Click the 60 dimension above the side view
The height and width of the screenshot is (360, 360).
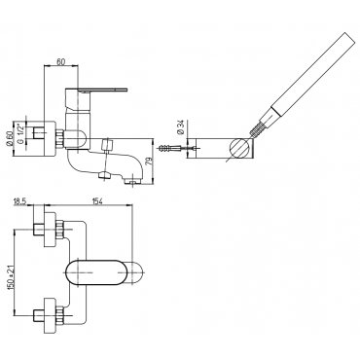tap(61, 61)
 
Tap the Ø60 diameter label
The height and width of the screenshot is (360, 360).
tap(10, 139)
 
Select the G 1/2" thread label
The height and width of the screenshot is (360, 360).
tap(19, 133)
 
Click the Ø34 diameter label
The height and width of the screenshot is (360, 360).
tap(181, 127)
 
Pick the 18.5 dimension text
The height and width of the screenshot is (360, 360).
tap(19, 201)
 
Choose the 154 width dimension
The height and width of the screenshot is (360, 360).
tap(97, 201)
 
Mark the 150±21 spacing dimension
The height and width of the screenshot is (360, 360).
tap(10, 273)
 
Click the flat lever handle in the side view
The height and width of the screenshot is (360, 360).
tap(97, 90)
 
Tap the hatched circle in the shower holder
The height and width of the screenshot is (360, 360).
tap(240, 148)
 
